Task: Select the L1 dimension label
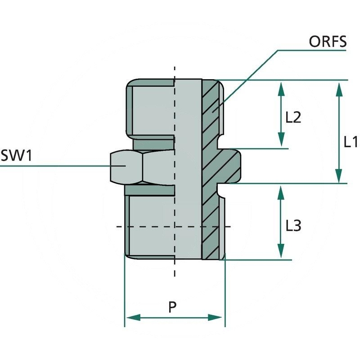point(351,142)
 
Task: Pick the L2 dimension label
point(293,118)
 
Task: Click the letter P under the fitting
point(172,308)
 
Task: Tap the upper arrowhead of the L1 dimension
point(338,87)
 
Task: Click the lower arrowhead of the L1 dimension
point(338,176)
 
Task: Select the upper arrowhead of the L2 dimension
point(281,87)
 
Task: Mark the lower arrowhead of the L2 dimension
point(281,140)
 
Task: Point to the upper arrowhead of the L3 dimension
point(281,192)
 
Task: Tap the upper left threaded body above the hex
point(151,110)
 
